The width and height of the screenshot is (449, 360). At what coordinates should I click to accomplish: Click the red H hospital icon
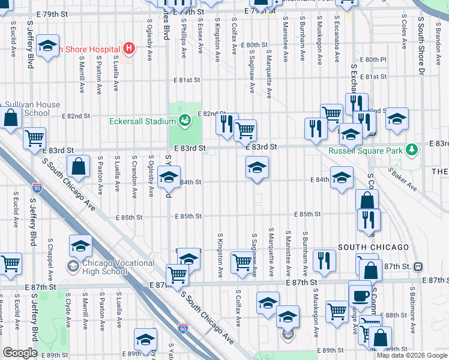[x=128, y=47]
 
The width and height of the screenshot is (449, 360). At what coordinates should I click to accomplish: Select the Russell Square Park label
[x=366, y=151]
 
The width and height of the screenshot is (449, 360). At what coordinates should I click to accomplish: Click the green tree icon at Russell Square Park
[x=412, y=149]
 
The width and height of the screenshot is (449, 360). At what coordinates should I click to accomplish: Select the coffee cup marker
[x=360, y=295]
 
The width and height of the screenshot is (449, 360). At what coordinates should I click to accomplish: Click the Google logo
[x=20, y=353]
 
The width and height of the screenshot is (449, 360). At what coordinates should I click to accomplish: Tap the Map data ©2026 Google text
[x=412, y=355]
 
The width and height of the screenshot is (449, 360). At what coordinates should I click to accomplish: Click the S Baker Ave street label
[x=402, y=178]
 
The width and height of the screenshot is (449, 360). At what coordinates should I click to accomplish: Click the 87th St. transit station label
[x=399, y=266]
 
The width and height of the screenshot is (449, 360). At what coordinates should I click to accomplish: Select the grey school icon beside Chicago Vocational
[x=73, y=266]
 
